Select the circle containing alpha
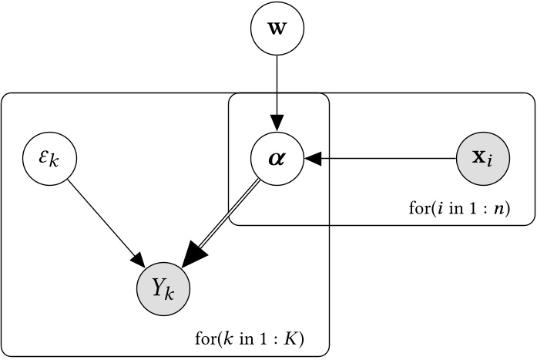pos(277,160)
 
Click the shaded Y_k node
pos(163,289)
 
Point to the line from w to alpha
pos(277,85)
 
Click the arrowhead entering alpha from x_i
pos(313,160)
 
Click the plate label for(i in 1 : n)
pos(459,209)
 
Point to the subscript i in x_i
pos(491,164)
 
